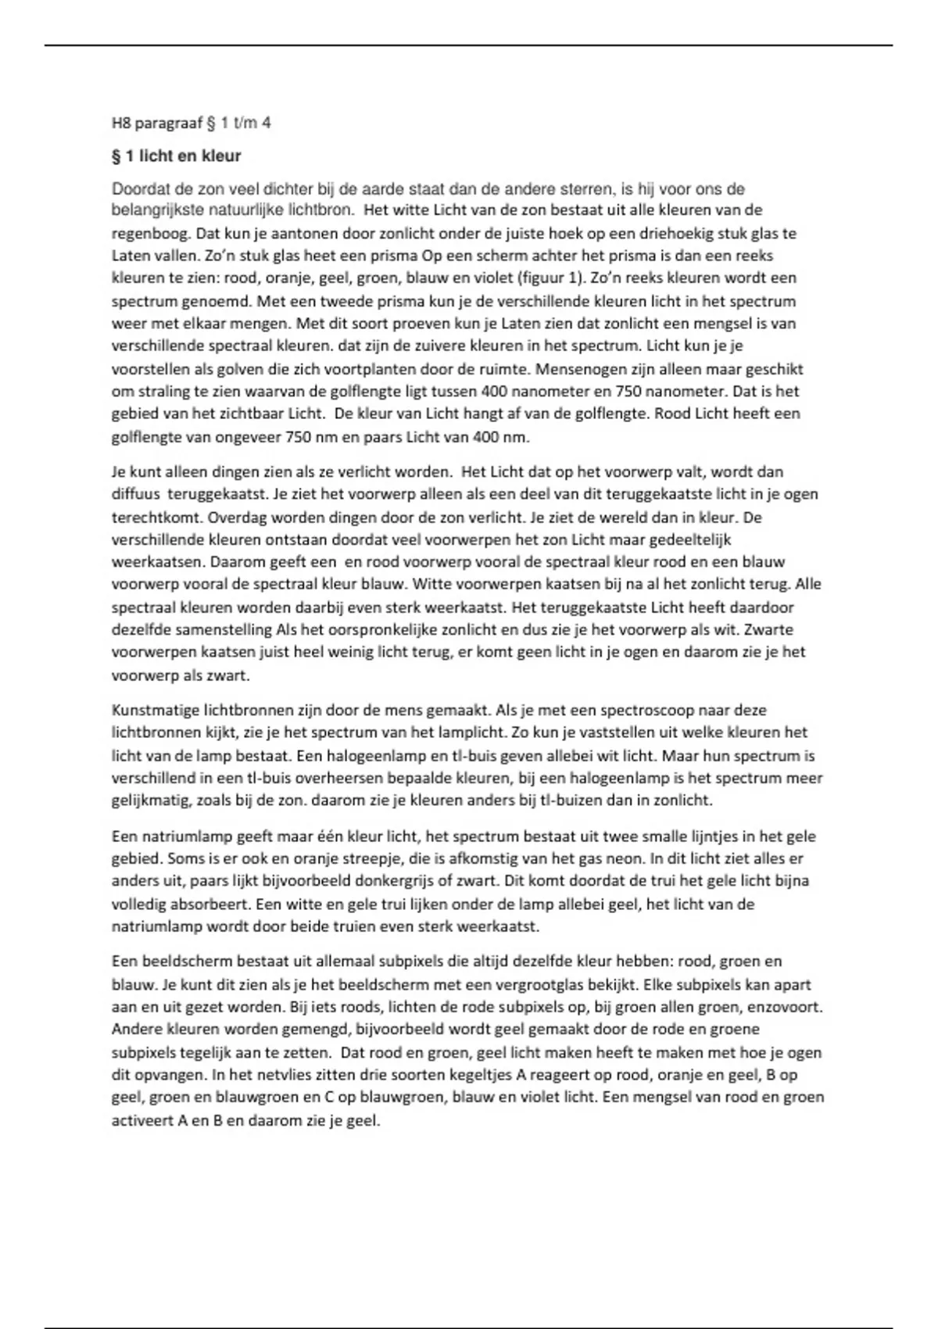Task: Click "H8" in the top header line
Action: click(121, 123)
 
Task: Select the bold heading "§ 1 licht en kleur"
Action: click(177, 156)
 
